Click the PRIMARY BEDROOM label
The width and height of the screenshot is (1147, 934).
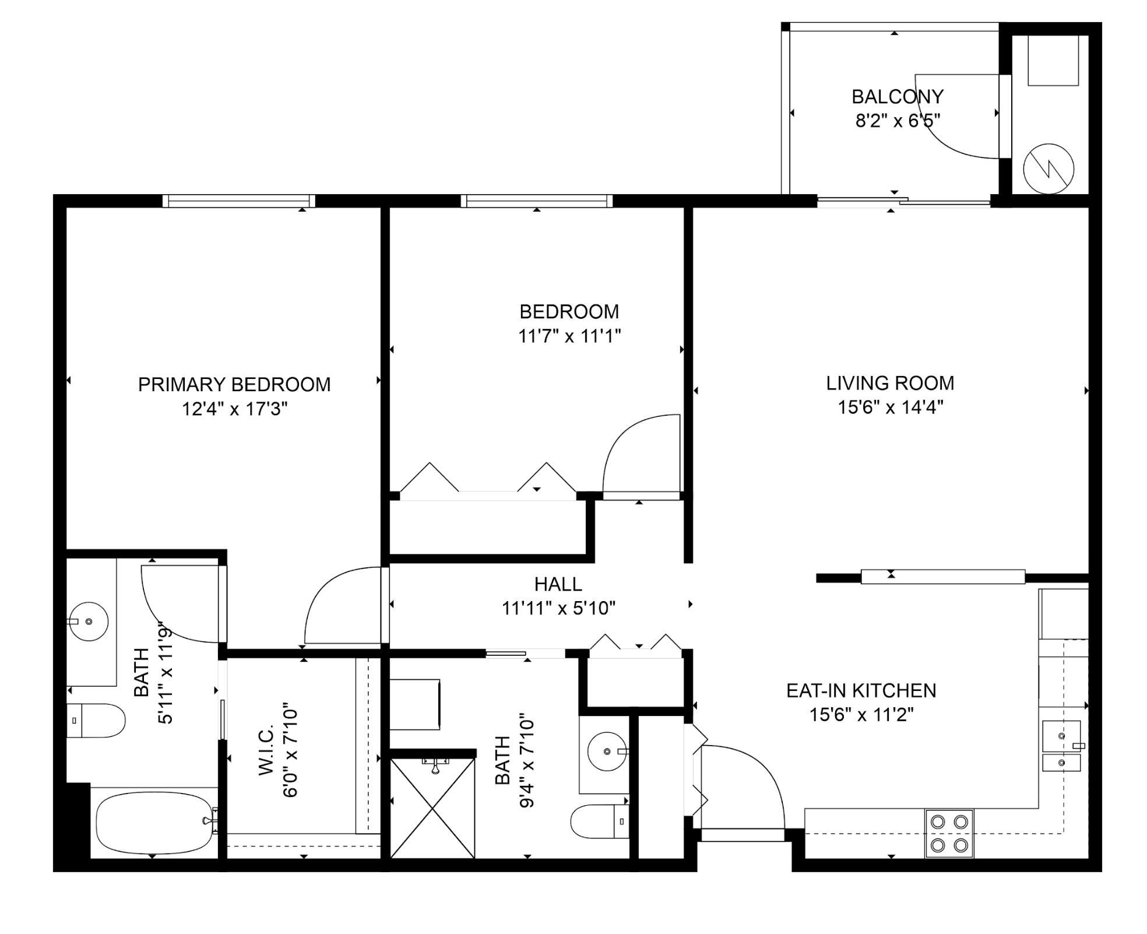234,384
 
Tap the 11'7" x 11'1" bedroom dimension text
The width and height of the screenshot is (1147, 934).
569,336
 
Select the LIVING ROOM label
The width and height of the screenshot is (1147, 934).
890,383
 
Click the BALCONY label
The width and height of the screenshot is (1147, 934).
897,96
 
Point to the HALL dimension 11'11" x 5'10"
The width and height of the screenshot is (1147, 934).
558,609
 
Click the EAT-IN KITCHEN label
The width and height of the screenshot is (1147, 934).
861,690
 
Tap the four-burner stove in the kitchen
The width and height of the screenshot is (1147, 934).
949,833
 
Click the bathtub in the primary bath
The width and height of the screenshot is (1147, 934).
154,823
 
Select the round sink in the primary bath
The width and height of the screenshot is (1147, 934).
89,622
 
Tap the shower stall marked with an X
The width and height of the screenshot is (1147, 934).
432,808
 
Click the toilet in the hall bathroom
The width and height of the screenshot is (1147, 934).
599,821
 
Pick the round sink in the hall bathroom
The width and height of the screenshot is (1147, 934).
607,752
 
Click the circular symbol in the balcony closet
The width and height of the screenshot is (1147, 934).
1049,169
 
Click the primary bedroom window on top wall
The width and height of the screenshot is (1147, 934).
238,201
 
